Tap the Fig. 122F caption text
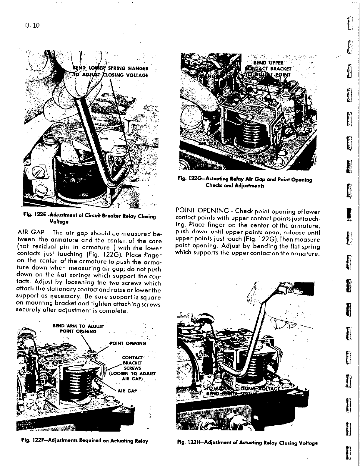click(82, 441)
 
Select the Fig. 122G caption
click(245, 182)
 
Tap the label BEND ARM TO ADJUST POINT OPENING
click(78, 329)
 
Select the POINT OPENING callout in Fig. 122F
click(128, 343)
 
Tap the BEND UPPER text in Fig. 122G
click(268, 62)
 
